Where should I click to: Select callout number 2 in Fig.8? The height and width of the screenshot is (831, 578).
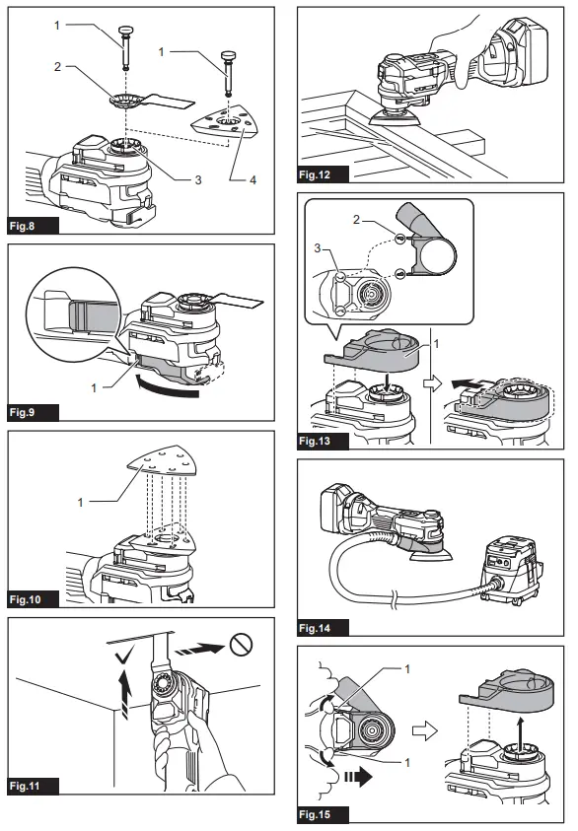click(58, 67)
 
